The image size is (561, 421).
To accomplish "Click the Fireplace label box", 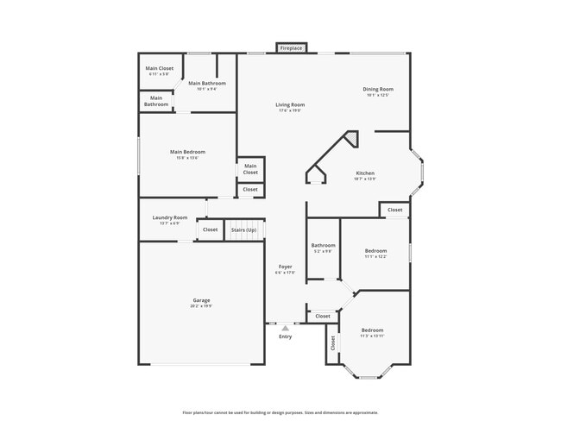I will (x=291, y=48).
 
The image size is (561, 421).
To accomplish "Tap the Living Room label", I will (x=291, y=104).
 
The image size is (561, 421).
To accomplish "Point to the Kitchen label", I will (x=365, y=173).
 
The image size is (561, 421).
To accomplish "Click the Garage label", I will (x=201, y=300).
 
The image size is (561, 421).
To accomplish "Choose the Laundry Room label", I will (x=169, y=217).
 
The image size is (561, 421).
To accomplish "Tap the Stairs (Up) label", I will (x=243, y=229).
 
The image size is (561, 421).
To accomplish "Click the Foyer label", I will (x=285, y=267).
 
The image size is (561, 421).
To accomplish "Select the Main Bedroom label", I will (x=187, y=152).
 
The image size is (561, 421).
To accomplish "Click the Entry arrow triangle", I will (x=285, y=328).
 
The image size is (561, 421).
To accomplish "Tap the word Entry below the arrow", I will (x=285, y=336).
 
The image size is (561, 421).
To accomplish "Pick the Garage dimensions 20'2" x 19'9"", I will (x=201, y=306).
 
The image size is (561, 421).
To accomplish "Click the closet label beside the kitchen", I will (x=394, y=210).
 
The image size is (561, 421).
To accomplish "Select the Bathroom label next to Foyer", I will (x=324, y=245).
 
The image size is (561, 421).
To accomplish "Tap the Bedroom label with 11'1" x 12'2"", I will (x=375, y=250).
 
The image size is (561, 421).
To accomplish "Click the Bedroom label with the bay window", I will (x=372, y=330).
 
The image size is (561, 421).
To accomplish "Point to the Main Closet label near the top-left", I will (x=159, y=67).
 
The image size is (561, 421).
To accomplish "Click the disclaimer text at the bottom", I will (x=280, y=412).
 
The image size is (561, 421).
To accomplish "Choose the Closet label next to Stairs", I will (x=210, y=229).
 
